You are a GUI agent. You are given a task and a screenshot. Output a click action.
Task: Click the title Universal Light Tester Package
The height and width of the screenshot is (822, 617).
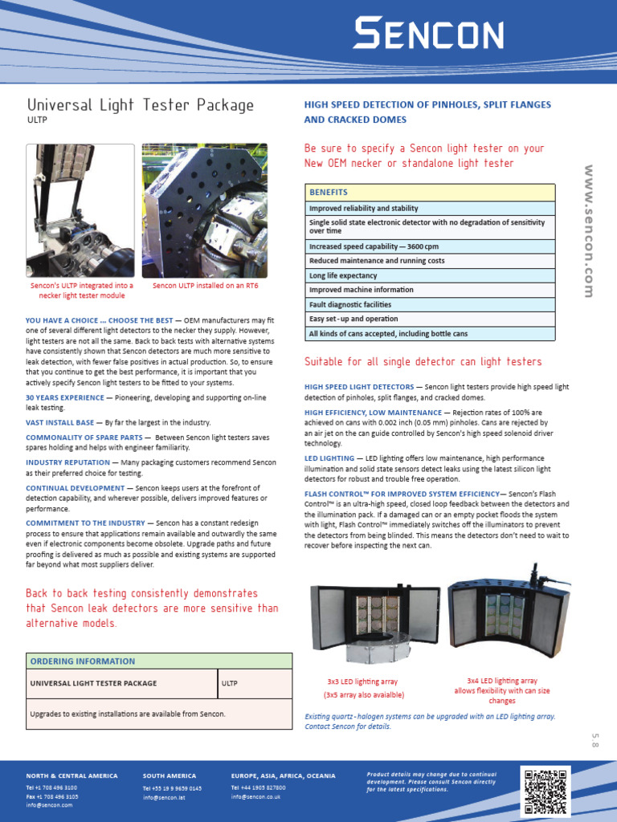click(x=141, y=105)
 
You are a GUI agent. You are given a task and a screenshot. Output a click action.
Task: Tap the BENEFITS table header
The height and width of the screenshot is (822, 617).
click(x=329, y=193)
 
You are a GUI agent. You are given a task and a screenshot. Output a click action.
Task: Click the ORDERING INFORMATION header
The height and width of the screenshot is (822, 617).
click(x=83, y=661)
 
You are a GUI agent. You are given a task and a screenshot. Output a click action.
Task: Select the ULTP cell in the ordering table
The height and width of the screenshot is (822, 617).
click(x=229, y=684)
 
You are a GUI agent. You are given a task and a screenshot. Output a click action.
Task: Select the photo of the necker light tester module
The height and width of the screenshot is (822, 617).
click(x=80, y=210)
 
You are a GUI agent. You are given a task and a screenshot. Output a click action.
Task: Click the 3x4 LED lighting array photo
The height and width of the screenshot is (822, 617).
click(x=508, y=610)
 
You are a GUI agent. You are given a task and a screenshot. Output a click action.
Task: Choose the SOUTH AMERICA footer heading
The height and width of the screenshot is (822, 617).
click(x=170, y=776)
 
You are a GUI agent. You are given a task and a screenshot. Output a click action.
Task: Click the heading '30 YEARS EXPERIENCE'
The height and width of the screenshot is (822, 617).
click(x=65, y=397)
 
